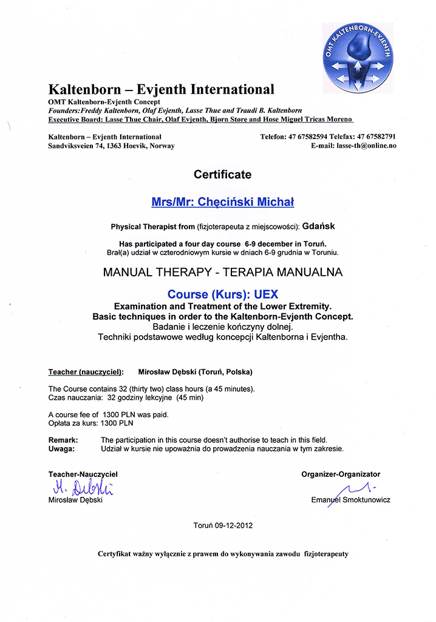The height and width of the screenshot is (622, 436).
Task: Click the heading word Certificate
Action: click(x=222, y=175)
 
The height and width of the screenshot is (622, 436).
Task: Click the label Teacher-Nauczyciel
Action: click(x=83, y=474)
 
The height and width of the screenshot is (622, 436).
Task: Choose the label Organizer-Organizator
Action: click(x=341, y=474)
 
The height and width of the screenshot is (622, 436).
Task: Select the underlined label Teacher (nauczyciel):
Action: click(x=86, y=371)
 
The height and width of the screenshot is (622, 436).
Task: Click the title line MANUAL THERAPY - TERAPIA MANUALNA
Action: click(x=223, y=273)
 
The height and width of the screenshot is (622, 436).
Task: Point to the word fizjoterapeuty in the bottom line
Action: click(x=327, y=554)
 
